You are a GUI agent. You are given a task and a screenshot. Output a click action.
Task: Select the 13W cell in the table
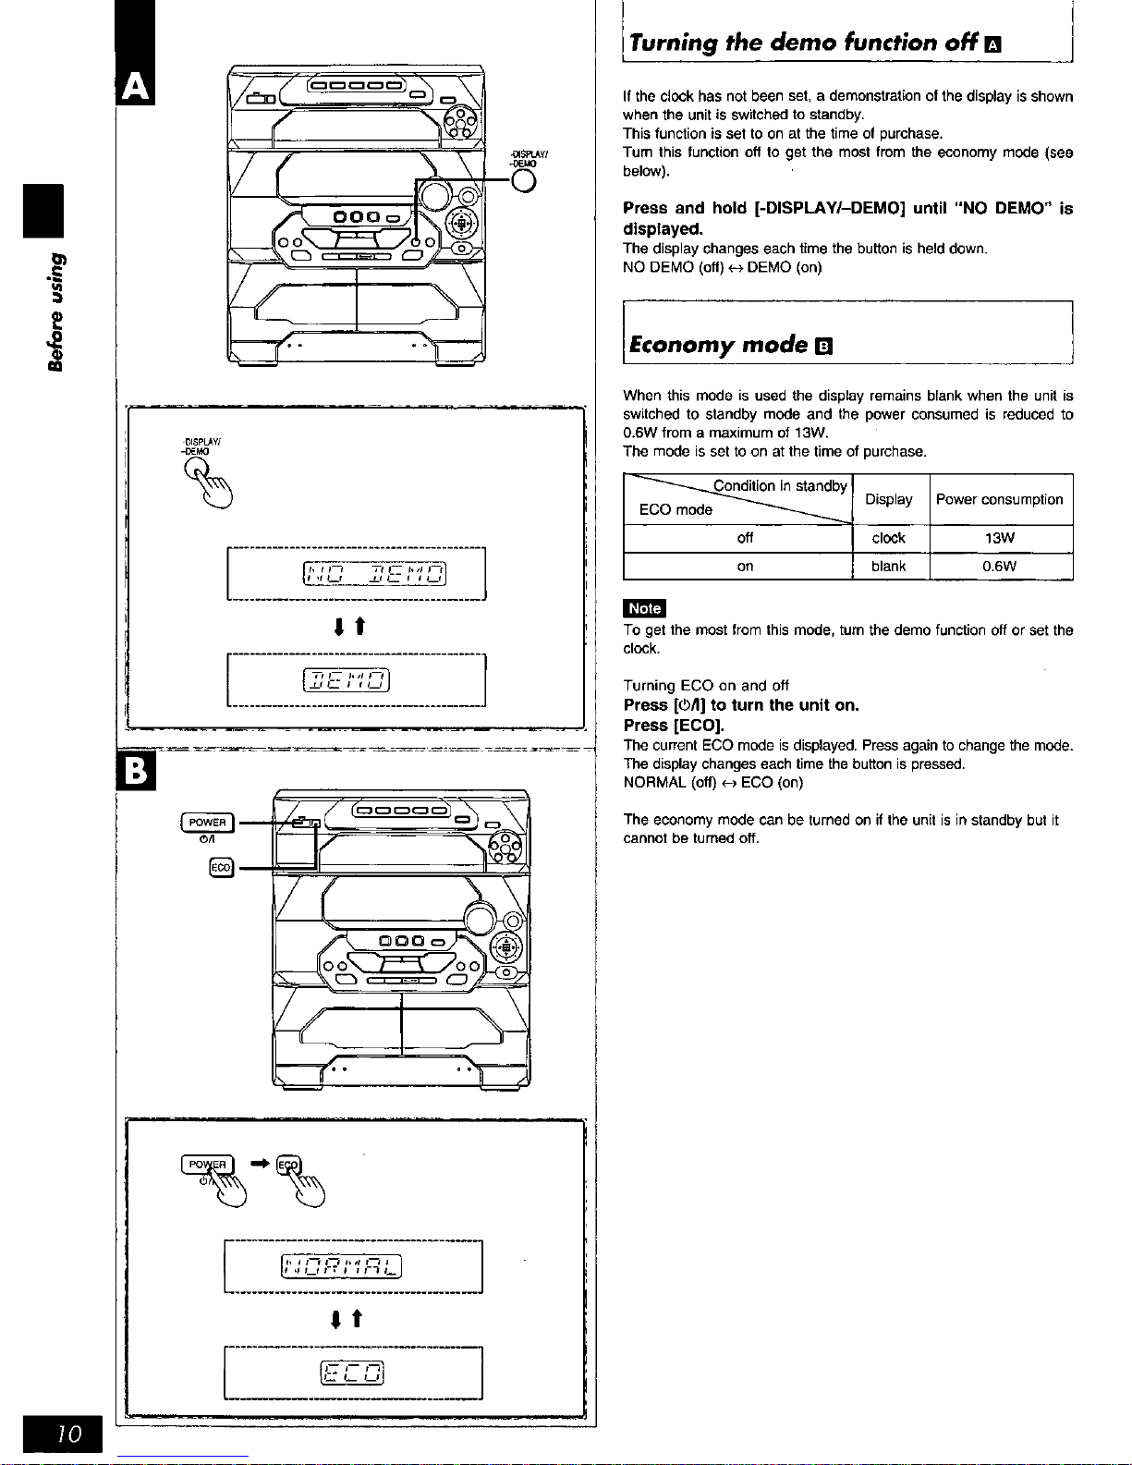(1000, 538)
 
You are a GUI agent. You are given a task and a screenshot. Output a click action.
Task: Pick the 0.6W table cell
(1000, 567)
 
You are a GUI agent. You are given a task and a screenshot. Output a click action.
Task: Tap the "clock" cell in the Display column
(888, 538)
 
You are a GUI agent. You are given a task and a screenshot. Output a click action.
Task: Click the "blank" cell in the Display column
(888, 567)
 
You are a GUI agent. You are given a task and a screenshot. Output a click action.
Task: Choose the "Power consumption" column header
(1000, 499)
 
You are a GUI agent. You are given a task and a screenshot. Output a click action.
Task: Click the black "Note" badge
(644, 607)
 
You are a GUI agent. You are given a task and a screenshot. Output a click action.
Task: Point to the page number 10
(69, 1434)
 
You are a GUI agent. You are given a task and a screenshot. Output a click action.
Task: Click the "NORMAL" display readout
(341, 1266)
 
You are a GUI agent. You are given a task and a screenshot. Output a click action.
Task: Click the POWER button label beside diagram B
(208, 823)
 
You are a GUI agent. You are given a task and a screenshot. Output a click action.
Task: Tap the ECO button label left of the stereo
(222, 867)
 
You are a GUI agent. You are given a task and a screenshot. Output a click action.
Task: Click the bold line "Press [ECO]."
(674, 726)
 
